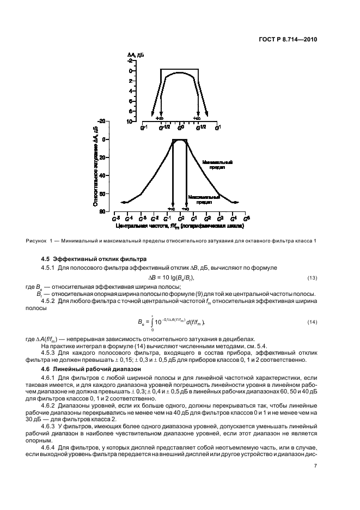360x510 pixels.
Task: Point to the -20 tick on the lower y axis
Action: coord(101,122)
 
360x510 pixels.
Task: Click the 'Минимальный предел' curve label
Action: coord(218,165)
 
